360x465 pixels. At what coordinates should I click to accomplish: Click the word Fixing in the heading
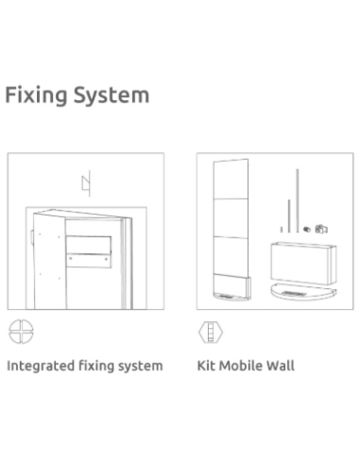(36, 95)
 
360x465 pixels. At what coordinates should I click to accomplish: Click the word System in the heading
(111, 95)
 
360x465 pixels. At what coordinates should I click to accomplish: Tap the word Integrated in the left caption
(41, 367)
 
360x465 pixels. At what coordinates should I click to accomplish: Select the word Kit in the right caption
(206, 366)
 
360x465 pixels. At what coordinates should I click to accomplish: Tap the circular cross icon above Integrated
(21, 332)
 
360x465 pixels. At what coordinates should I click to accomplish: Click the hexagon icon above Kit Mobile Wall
(211, 332)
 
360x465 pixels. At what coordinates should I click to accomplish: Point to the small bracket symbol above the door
(86, 183)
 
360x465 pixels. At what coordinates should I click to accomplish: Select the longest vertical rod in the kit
(298, 200)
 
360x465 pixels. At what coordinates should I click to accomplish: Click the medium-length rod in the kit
(289, 216)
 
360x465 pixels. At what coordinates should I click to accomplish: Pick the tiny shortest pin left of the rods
(282, 230)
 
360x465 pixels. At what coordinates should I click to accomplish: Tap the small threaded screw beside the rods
(307, 230)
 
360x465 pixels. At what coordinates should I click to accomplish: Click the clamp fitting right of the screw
(321, 229)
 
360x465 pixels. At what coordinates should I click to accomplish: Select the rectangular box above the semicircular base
(303, 264)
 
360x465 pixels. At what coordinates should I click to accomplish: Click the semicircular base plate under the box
(303, 292)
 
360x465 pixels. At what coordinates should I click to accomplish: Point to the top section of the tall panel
(231, 180)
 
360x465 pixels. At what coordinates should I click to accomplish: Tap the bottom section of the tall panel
(231, 284)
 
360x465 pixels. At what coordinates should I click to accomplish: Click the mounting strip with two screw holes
(89, 261)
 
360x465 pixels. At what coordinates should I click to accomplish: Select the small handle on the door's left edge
(32, 237)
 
